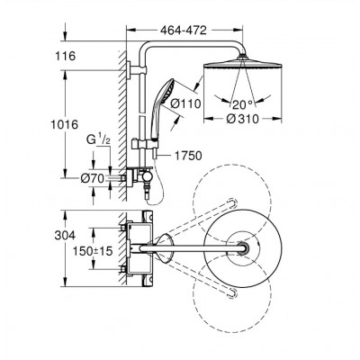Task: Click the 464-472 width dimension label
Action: pos(184,30)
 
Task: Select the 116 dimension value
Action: pos(65,56)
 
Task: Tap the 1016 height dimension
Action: pos(64,124)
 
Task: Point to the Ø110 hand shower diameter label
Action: pos(185,104)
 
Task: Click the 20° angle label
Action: pos(243,104)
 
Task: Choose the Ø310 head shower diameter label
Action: pos(242,119)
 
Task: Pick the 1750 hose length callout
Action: pos(187,156)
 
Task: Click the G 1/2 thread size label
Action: pos(97,140)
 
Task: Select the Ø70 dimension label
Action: pos(93,179)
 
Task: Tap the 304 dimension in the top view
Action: pos(65,236)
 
